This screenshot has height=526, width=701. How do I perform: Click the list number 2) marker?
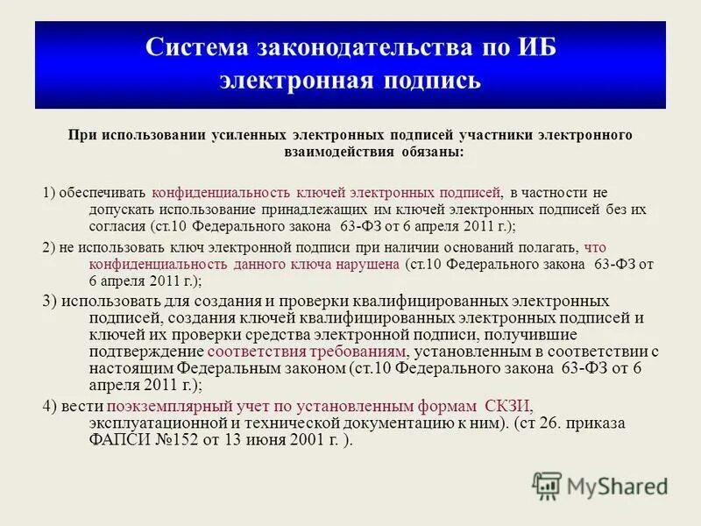click(x=49, y=246)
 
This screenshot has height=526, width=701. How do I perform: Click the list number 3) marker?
click(x=50, y=301)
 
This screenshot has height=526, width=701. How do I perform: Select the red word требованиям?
click(x=361, y=351)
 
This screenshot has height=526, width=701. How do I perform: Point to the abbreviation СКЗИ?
click(x=507, y=405)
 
